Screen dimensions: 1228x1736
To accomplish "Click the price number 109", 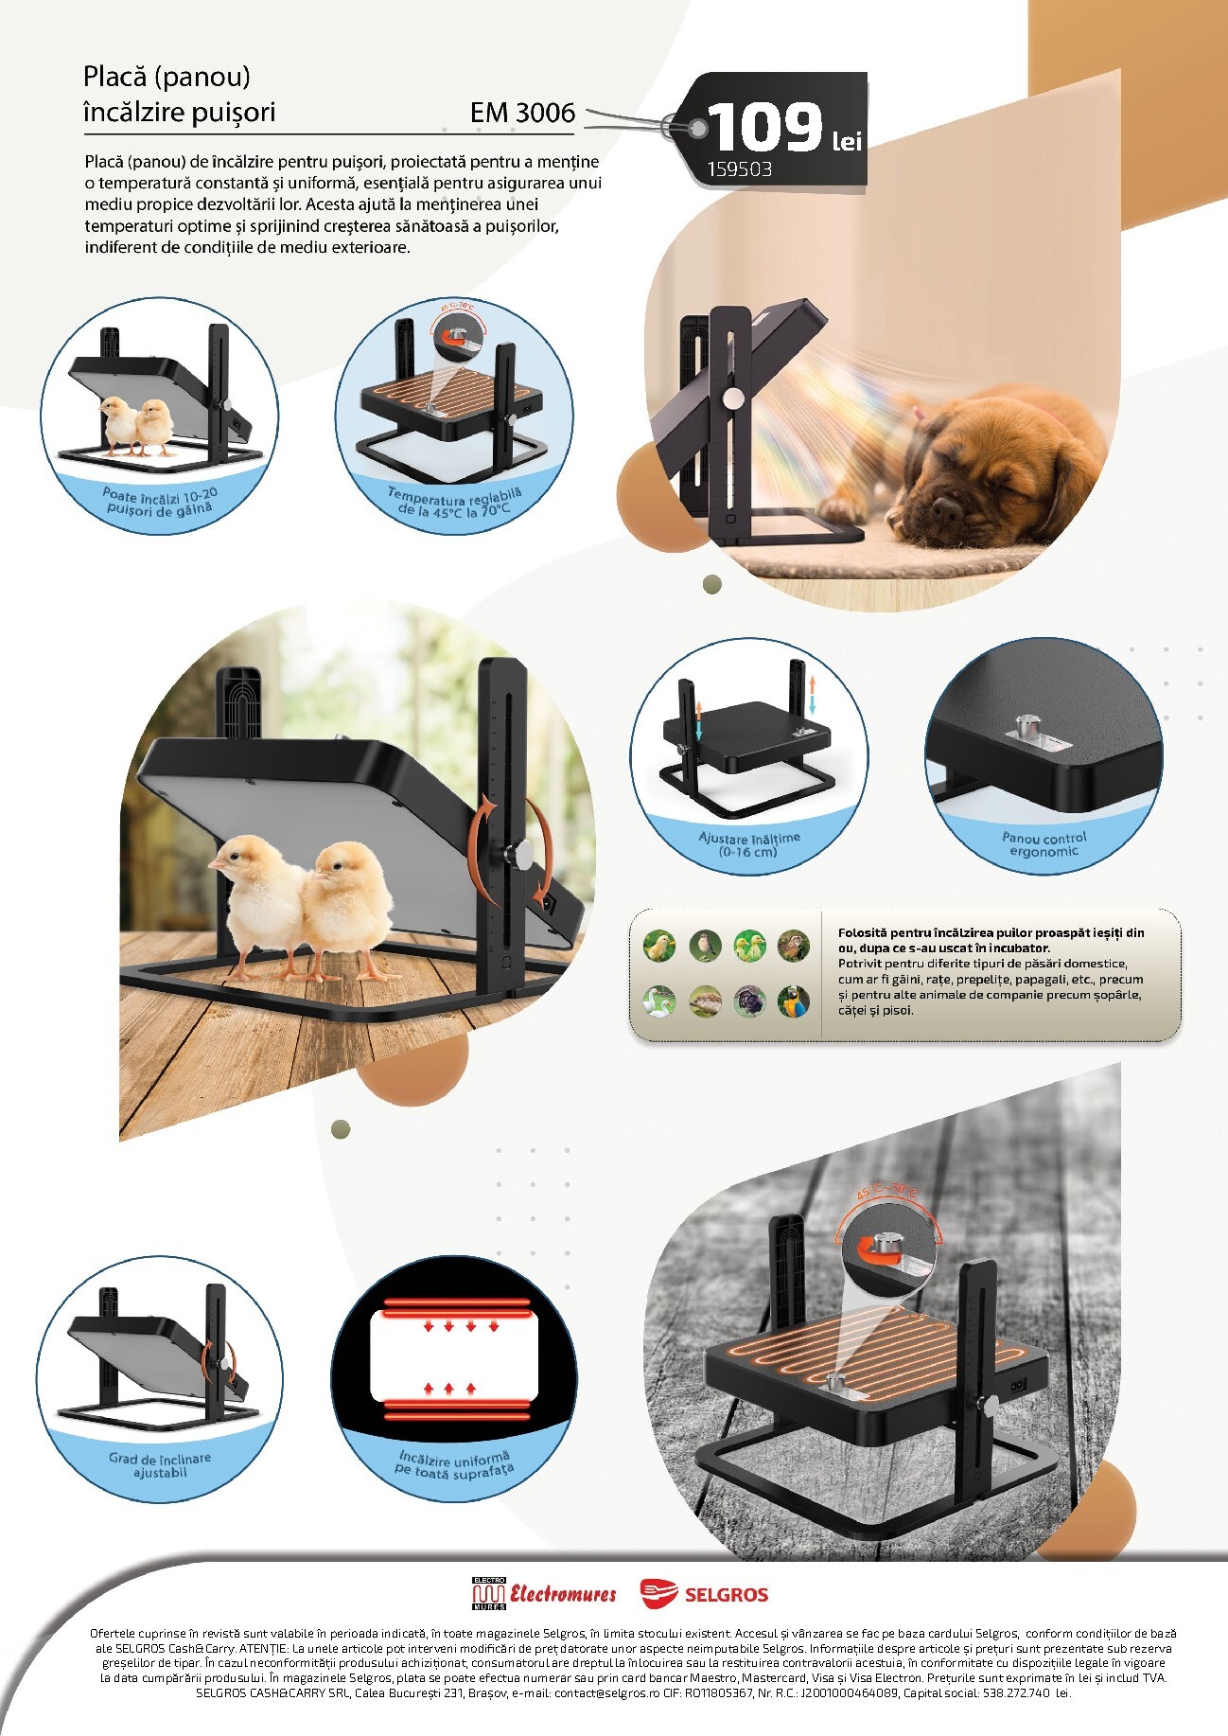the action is point(765,128).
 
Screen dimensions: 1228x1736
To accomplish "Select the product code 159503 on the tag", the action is point(740,169).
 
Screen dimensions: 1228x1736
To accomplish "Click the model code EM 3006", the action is point(522,113).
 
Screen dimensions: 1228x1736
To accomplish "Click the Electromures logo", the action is point(543,1594).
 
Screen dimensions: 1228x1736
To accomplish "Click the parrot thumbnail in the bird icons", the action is point(793,1001).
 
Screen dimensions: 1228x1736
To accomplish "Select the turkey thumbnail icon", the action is point(748,1001).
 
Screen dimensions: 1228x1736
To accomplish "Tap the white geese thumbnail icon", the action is point(658,1001).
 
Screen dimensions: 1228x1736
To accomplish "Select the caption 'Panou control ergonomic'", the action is point(1044,844).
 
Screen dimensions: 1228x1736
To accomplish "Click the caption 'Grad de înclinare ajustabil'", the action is point(160,1465).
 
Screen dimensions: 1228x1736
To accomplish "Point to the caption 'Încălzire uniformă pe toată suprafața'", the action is point(454,1463).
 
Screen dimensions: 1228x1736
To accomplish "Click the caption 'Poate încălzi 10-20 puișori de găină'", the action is point(160,502).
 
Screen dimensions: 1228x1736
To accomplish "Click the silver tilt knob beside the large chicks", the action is point(518,854).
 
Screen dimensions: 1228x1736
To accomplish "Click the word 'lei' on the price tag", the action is point(847,141).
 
